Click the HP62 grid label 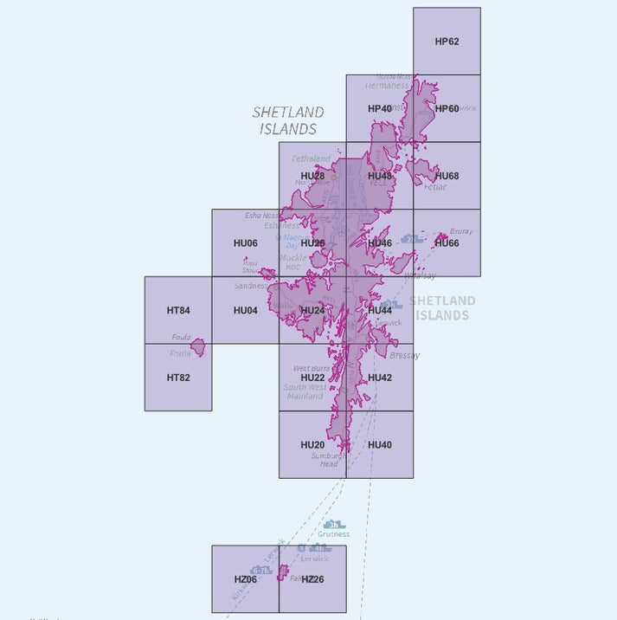pos(447,41)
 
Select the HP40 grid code pos(380,108)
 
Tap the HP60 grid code pos(447,108)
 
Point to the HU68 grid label pos(447,176)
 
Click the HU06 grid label pos(246,243)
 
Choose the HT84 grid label pos(178,310)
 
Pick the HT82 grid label pos(178,378)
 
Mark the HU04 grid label pos(246,310)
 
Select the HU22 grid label pos(312,378)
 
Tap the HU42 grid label pos(380,378)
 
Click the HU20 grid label pos(312,445)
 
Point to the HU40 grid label pos(380,445)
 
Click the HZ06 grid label pos(246,579)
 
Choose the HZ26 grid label pos(312,579)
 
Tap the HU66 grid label pos(447,243)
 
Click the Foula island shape pos(198,347)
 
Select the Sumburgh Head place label pos(329,459)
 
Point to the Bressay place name pos(405,356)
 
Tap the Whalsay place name pos(420,275)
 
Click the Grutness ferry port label pos(334,534)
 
